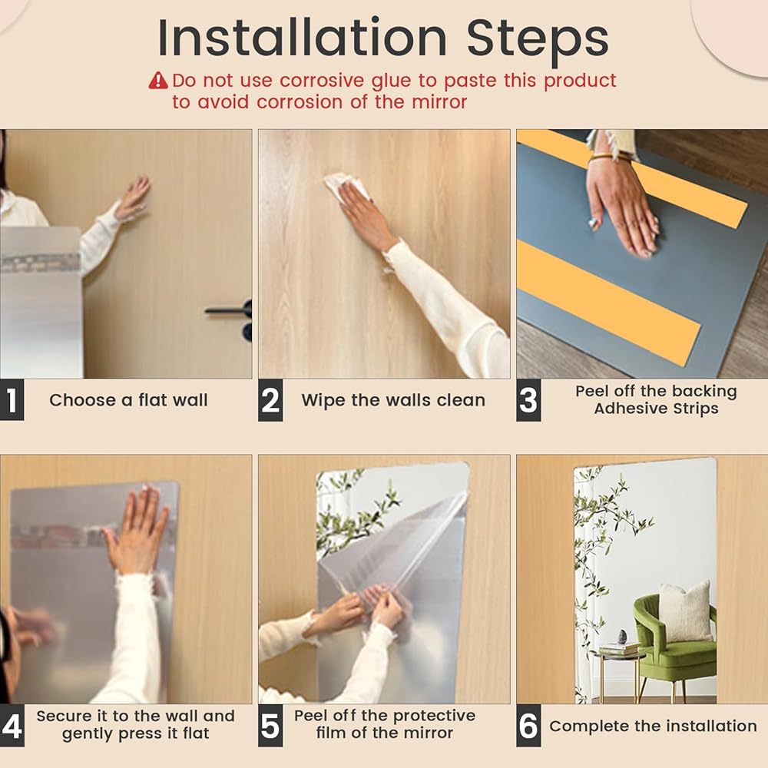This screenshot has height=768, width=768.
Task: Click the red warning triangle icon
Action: coord(158,81)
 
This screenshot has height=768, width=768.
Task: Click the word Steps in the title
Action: coord(538,39)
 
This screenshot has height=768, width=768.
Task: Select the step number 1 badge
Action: coord(12,399)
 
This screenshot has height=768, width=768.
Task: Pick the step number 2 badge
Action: coord(270,399)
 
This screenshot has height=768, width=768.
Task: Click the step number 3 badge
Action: coord(528,399)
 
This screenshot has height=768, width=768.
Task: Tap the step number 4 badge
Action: coord(12,726)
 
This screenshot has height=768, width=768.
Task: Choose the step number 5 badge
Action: coord(270,726)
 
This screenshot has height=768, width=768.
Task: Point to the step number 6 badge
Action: coord(528,726)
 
